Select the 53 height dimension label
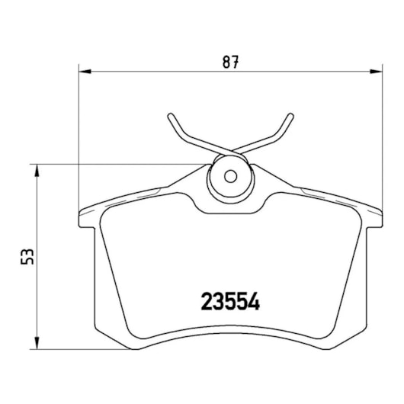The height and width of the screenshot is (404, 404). click(29, 256)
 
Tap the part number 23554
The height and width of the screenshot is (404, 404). click(230, 302)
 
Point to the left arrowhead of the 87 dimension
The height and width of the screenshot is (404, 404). click(85, 72)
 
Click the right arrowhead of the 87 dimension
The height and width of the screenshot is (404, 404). click(377, 72)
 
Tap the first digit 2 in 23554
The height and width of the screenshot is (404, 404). click(206, 302)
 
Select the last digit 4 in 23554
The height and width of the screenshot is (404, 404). click(255, 302)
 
